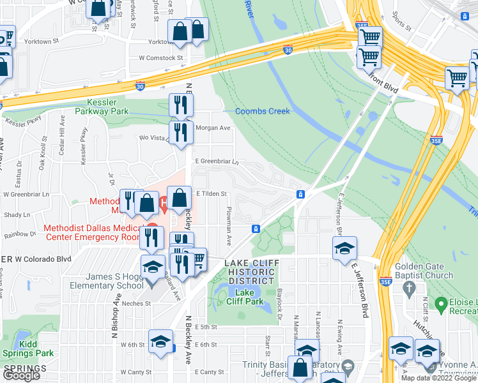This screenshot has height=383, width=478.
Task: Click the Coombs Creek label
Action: pyautogui.click(x=262, y=111)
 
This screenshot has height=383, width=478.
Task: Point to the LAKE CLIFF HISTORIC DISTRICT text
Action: pyautogui.click(x=250, y=273)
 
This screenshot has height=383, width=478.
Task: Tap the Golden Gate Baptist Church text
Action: pyautogui.click(x=424, y=271)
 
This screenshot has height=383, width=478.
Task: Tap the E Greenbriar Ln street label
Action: pyautogui.click(x=216, y=161)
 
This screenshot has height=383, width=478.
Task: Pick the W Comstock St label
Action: pyautogui.click(x=161, y=57)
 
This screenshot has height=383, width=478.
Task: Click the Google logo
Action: pyautogui.click(x=21, y=376)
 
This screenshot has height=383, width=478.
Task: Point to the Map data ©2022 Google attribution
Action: pyautogui.click(x=438, y=378)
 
